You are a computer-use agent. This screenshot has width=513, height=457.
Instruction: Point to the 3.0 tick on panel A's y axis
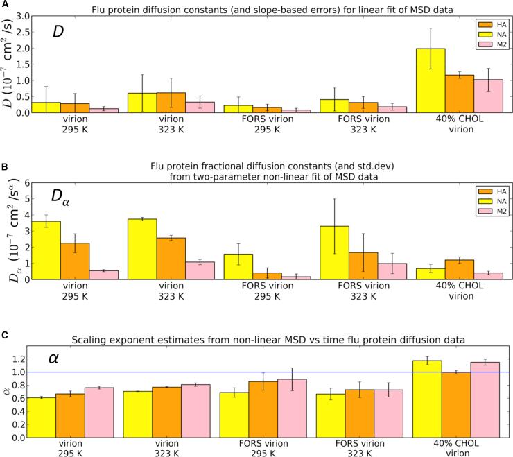[23, 16]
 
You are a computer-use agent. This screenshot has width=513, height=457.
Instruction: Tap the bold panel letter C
[5, 334]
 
